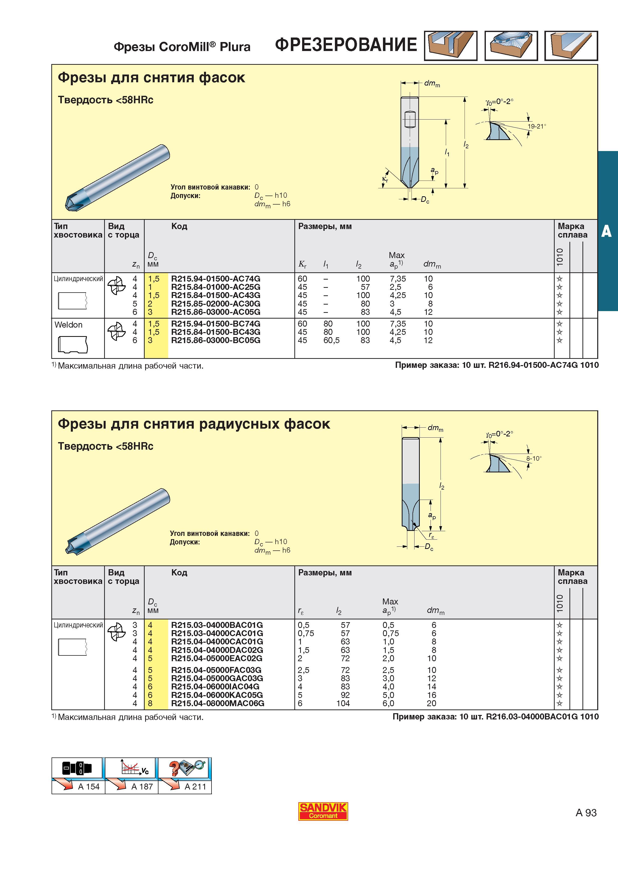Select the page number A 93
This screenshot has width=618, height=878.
pos(586,813)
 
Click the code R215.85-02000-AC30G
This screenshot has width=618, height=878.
pos(216,304)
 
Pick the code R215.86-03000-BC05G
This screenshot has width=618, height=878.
pos(216,340)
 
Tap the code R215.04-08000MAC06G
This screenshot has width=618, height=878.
pos(217,703)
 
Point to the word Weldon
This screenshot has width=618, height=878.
pos(69,325)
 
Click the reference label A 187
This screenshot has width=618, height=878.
pos(142,787)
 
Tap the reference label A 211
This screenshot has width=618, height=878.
pos(195,787)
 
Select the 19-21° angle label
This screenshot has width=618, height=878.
pos(537,126)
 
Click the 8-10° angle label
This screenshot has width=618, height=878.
pos(534,458)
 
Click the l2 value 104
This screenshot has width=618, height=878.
pos(343,703)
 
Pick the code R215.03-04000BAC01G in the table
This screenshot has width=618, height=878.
pos(217,625)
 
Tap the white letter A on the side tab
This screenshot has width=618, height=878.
pos(606,231)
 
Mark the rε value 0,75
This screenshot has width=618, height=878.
pos(306,633)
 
